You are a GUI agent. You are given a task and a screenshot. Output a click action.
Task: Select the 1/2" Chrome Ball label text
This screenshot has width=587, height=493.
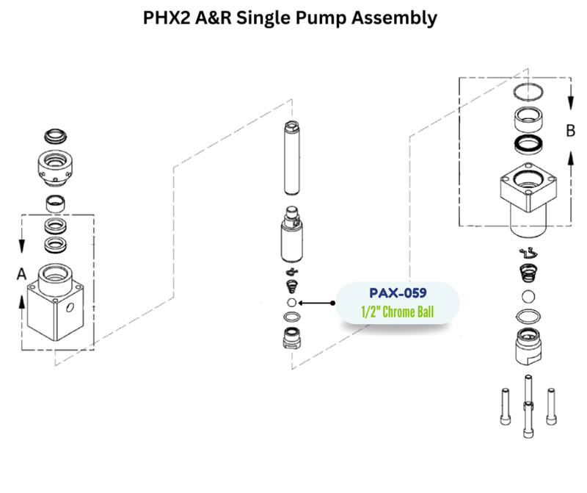click(x=398, y=312)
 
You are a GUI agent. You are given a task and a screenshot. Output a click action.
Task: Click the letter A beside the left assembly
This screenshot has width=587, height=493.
click(x=21, y=273)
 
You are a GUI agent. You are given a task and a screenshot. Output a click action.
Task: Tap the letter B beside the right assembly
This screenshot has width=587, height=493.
click(x=570, y=132)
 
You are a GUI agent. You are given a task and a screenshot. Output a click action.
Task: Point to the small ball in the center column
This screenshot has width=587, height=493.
click(x=291, y=302)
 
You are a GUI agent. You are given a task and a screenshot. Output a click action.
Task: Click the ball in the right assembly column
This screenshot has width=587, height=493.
click(x=528, y=297)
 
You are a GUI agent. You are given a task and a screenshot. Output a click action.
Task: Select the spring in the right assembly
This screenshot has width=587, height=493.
click(x=528, y=274)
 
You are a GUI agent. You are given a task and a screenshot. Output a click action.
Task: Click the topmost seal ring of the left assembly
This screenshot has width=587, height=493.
click(x=56, y=136)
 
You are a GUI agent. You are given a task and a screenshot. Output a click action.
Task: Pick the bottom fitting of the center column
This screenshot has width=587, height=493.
click(x=292, y=339)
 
